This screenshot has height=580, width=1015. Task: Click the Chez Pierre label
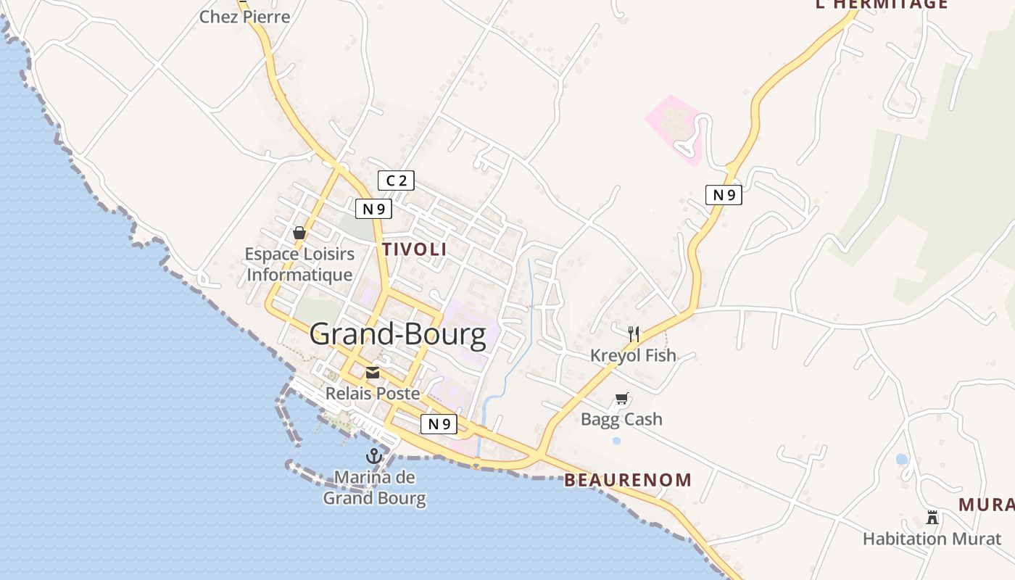244,17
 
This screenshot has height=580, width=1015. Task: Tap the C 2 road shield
396,181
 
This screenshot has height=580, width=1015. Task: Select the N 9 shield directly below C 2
373,209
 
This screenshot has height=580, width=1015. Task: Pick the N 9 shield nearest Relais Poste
439,424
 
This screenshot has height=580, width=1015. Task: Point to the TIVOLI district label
414,249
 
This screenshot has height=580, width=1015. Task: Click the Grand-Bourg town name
398,335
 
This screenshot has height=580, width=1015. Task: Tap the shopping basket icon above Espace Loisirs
299,233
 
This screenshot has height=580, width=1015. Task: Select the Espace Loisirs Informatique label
299,265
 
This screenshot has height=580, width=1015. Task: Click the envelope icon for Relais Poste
373,373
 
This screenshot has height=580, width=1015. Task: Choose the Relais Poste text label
373,394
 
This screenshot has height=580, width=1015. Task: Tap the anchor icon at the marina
374,456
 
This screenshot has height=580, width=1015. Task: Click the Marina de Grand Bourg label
374,488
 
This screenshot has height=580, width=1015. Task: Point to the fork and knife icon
634,334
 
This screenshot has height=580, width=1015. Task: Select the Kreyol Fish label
633,355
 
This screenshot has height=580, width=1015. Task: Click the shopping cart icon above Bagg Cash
621,399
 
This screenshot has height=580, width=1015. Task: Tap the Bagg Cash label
621,419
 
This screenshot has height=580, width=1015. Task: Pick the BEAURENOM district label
628,480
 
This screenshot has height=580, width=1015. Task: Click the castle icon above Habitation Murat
932,518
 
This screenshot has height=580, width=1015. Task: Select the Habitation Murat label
932,539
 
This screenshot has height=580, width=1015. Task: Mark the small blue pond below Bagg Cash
616,440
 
